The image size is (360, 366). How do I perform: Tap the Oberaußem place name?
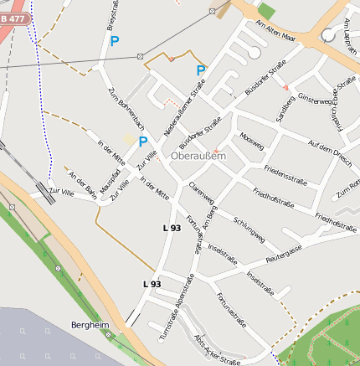[198, 155]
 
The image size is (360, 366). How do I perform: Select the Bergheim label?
[90, 324]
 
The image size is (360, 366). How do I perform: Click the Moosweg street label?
[251, 137]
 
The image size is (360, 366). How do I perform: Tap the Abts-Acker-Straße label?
[217, 351]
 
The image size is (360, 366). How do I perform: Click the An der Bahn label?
[84, 186]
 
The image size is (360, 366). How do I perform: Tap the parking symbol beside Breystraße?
[115, 39]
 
